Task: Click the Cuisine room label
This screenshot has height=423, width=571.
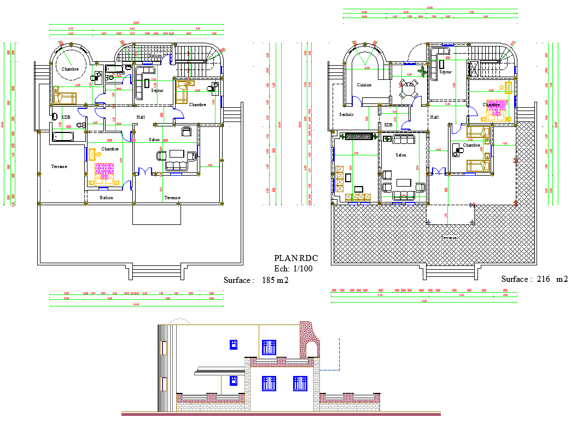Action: [x=364, y=85]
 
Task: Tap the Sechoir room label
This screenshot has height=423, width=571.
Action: [x=346, y=114]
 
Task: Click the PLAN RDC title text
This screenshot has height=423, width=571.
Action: [x=295, y=258]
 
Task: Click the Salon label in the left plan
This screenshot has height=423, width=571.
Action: [x=154, y=140]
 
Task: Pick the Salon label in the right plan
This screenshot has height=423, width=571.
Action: [x=401, y=155]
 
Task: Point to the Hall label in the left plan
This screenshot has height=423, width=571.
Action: [x=141, y=117]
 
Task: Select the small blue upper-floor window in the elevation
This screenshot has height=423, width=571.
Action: [x=233, y=344]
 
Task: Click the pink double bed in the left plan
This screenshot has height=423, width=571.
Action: [x=103, y=171]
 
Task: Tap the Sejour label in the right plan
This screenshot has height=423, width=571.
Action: [x=445, y=72]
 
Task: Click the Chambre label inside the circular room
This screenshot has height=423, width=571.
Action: [x=70, y=69]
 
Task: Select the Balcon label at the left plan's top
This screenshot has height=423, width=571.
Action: [x=155, y=56]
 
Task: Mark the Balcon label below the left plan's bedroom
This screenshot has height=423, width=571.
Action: [x=106, y=198]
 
